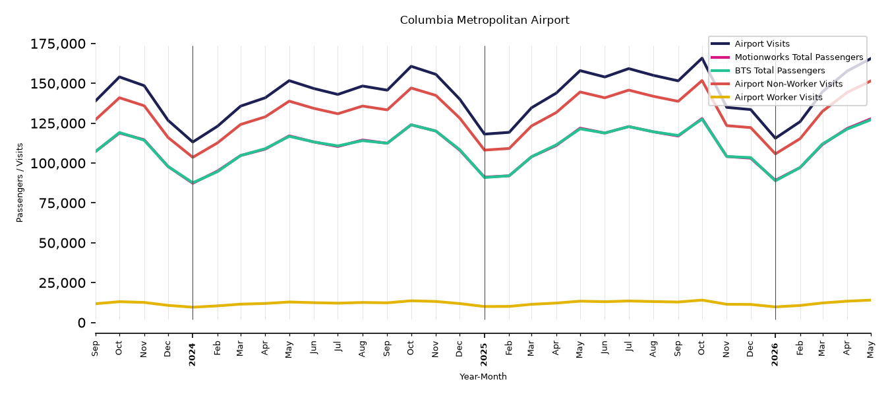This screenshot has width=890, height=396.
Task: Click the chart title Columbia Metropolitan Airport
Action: (485, 20)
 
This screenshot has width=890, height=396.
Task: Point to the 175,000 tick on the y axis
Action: (58, 44)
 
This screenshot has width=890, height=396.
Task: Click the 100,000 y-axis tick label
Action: (58, 164)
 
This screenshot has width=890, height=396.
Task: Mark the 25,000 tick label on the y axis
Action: (62, 282)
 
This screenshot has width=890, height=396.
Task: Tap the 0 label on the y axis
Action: (82, 323)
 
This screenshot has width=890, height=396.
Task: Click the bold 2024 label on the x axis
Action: (193, 354)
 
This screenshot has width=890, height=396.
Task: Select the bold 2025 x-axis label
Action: (484, 354)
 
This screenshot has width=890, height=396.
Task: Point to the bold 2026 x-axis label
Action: (775, 354)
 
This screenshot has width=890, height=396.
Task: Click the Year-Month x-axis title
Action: (483, 376)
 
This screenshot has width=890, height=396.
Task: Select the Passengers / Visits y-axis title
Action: (20, 183)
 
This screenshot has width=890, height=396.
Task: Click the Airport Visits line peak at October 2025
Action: (702, 58)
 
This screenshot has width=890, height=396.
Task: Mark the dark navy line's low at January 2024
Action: (193, 142)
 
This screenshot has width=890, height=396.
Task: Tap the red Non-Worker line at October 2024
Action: (411, 88)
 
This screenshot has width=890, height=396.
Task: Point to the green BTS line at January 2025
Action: (485, 177)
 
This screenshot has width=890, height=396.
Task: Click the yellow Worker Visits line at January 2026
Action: (775, 307)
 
